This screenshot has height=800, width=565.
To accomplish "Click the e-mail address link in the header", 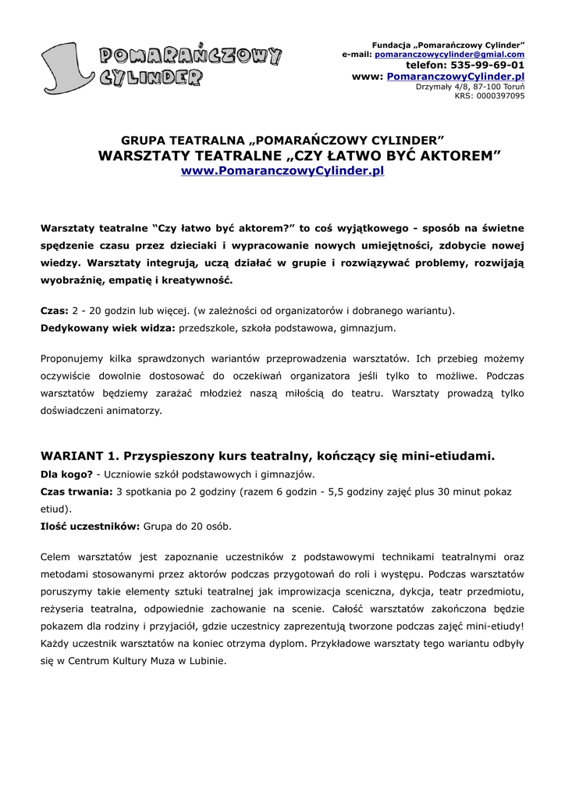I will (450, 55).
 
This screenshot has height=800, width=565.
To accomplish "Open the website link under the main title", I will (282, 170).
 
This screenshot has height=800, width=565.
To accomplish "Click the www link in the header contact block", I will (456, 77).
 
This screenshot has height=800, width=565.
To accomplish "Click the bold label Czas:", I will (55, 310).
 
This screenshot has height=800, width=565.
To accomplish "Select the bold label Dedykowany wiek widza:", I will (108, 328).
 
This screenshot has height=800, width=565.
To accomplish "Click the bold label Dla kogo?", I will (66, 473).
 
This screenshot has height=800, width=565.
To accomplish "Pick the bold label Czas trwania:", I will (76, 491).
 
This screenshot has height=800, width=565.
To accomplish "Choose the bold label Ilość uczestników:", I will (90, 527).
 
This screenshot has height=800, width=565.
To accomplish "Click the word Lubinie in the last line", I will (206, 660).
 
